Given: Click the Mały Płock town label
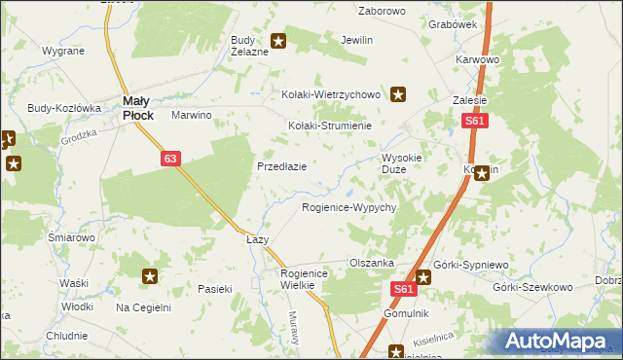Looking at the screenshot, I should pos(137,108).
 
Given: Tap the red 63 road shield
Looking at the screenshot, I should pos(170,159).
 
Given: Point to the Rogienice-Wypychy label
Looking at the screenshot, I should pos(348,208).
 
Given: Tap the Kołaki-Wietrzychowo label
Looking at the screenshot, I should pos(328,94).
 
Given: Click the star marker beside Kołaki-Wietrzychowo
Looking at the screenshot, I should pos(399,94).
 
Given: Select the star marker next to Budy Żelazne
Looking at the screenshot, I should pos(278,41).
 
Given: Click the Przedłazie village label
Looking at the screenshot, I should pos(282,166).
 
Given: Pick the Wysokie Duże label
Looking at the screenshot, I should pos(401,163).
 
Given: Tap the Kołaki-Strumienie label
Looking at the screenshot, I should pos(330,126).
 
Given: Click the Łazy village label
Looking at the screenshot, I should pos(257,239).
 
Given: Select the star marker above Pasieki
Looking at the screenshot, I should pos(150,277).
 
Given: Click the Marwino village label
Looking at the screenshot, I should pos(192,115).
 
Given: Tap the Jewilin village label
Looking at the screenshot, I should pos(356,41).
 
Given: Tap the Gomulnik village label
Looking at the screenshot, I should pos(406,314).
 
